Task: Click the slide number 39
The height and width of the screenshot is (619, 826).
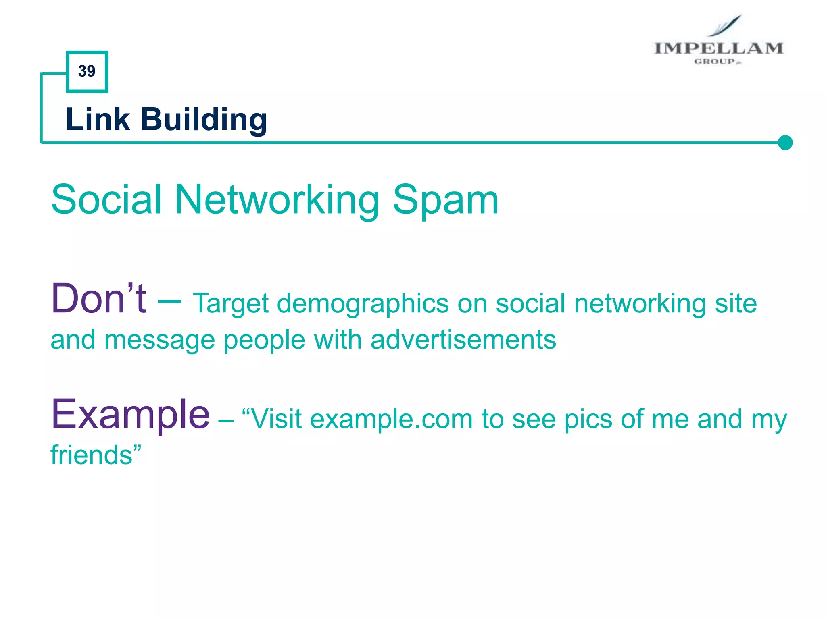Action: pyautogui.click(x=87, y=71)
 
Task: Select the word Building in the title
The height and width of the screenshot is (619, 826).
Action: pyautogui.click(x=203, y=120)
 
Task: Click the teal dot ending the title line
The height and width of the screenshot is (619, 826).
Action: pyautogui.click(x=785, y=142)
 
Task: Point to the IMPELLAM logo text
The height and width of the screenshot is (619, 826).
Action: pyautogui.click(x=718, y=48)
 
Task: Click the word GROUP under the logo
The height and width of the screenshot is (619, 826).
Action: pyautogui.click(x=715, y=62)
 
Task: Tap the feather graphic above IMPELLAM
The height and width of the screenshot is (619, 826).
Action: pyautogui.click(x=726, y=25)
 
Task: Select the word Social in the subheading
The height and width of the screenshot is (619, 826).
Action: pyautogui.click(x=106, y=199)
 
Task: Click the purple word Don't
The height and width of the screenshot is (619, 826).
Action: pyautogui.click(x=98, y=299)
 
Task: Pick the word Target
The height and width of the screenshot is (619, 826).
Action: pyautogui.click(x=230, y=304)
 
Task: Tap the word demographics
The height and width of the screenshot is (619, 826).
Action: pyautogui.click(x=363, y=304)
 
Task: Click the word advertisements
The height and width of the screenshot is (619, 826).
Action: pyautogui.click(x=463, y=339)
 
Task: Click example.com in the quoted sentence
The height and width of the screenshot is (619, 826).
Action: pyautogui.click(x=391, y=419)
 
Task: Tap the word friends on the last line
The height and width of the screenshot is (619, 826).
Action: pyautogui.click(x=92, y=455)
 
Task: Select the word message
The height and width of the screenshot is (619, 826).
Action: pyautogui.click(x=159, y=340)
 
